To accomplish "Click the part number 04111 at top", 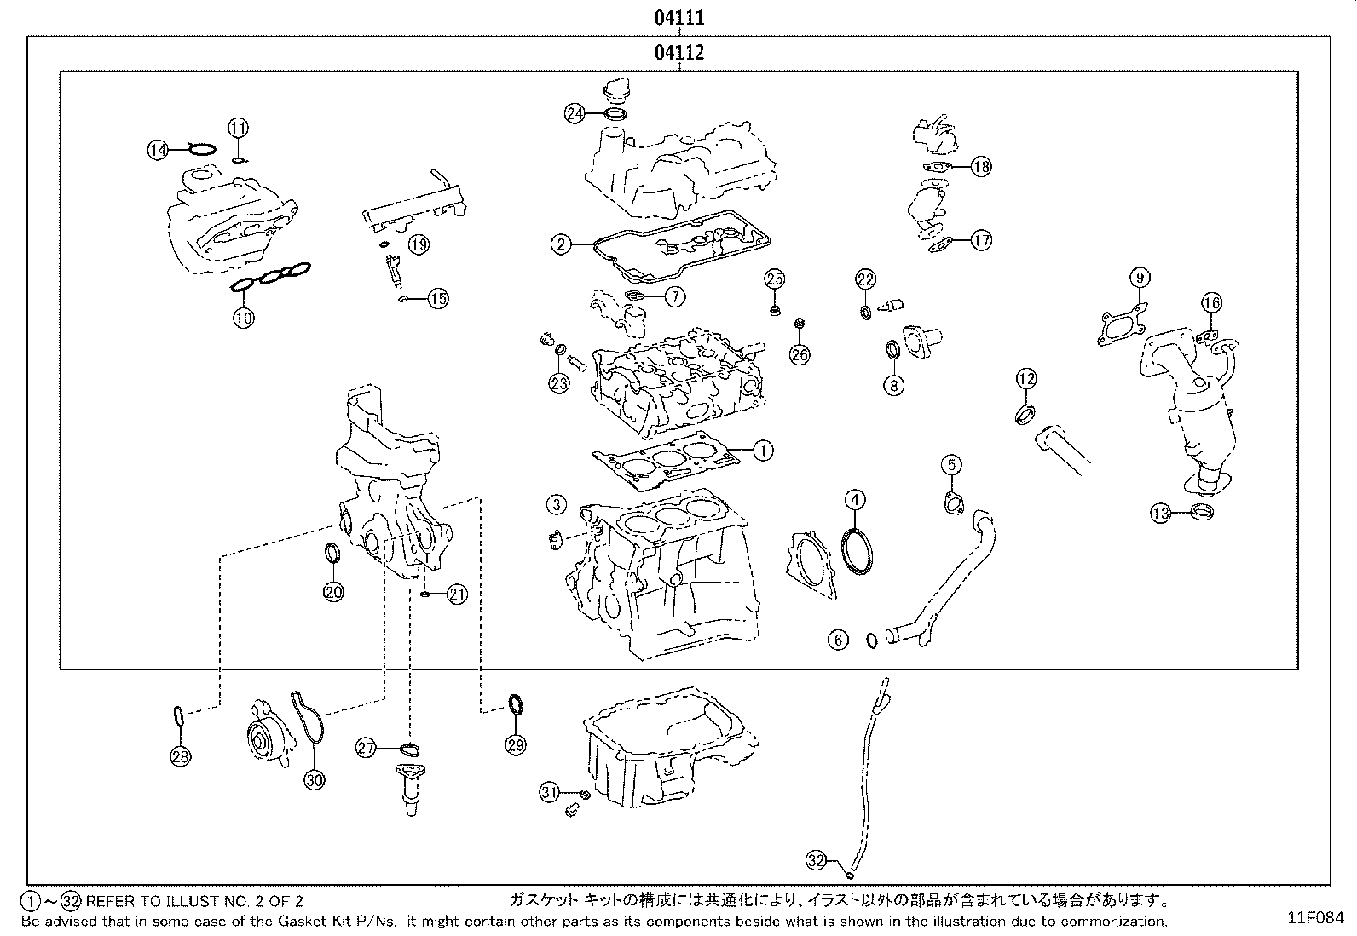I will tap(678, 17).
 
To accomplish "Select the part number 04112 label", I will tap(678, 53).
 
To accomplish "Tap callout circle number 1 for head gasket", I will tap(763, 450).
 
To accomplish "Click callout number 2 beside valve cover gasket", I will tap(560, 245).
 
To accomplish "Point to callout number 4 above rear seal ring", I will tap(855, 501).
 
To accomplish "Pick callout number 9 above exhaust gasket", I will tap(1140, 277).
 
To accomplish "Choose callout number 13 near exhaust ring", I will tap(1160, 513).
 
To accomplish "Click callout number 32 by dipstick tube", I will tap(817, 861).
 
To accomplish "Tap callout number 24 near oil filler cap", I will tap(575, 112).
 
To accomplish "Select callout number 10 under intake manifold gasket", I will tap(244, 318).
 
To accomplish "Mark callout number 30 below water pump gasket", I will tap(315, 778).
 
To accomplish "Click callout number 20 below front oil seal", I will tap(333, 591).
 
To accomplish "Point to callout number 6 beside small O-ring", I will tap(840, 640).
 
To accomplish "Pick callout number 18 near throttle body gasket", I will tap(981, 166).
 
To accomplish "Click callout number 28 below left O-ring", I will tap(181, 755).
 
